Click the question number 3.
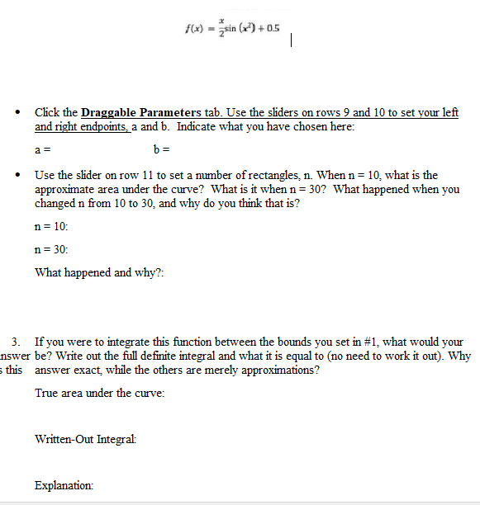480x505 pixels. (x=16, y=342)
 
